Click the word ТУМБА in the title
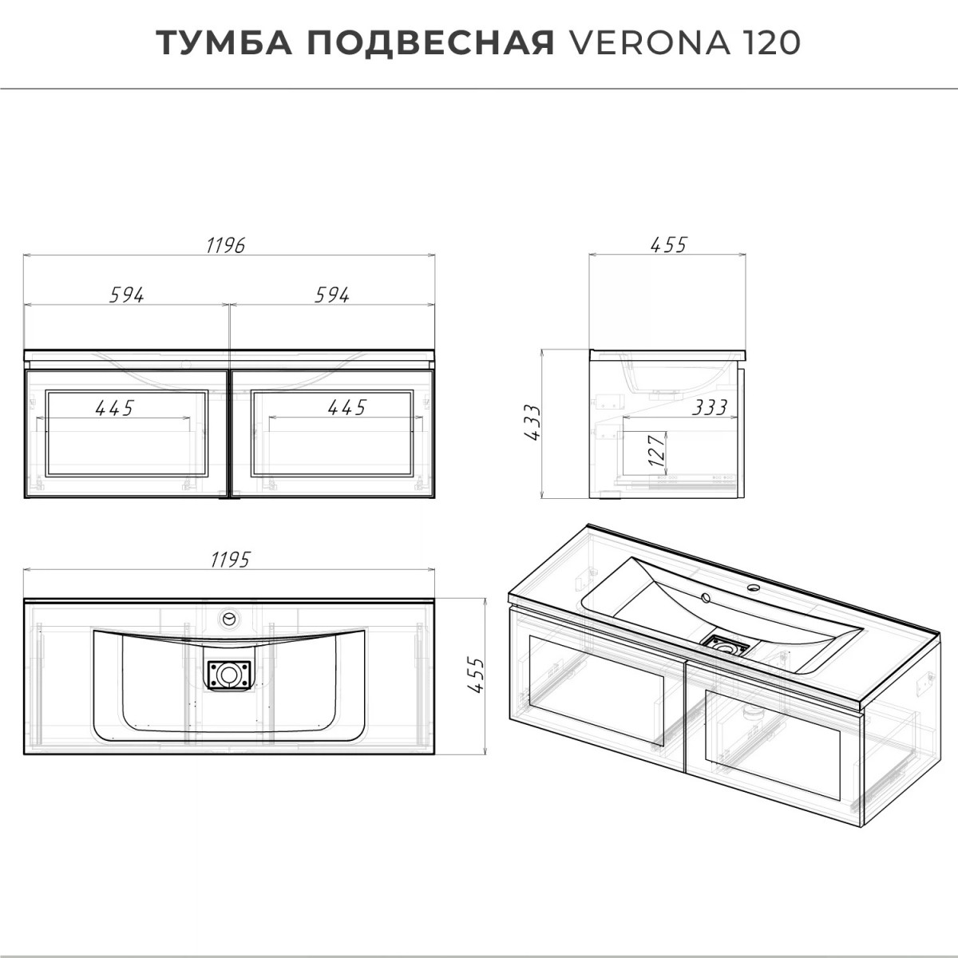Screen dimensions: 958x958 224,43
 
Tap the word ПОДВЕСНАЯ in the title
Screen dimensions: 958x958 430,43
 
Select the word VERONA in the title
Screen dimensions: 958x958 649,43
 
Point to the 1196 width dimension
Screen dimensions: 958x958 226,245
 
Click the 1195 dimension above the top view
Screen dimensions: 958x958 230,560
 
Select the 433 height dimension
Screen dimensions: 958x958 532,422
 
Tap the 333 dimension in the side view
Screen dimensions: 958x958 710,408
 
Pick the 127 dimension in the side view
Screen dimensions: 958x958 657,450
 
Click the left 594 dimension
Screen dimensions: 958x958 127,295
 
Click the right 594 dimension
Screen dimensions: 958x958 332,295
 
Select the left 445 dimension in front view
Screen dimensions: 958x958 115,408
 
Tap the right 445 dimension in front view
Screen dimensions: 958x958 347,408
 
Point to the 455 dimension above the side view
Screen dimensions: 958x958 669,245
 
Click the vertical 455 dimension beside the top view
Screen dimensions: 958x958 476,675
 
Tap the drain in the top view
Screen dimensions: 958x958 229,675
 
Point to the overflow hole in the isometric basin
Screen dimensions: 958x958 705,597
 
